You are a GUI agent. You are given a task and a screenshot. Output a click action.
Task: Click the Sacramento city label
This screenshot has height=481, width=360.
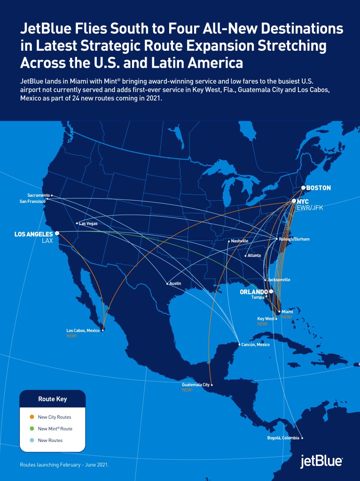coord(39,195)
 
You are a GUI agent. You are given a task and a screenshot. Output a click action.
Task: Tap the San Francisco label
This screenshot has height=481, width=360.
coord(32,201)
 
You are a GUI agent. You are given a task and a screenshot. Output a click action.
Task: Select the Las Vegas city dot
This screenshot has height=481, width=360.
coord(77,223)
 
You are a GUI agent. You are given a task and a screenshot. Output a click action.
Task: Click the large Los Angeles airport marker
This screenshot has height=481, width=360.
coord(57,233)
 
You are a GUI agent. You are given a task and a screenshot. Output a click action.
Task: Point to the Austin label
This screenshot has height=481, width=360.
coord(175,283)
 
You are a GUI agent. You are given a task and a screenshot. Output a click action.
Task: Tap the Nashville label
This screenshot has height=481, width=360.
coord(240,241)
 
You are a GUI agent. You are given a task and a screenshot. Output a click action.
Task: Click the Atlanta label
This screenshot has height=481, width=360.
coord(254,256)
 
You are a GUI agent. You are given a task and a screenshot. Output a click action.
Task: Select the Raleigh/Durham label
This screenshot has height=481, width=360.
coord(294,239)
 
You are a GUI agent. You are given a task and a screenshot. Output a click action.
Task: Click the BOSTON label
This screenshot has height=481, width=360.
coord(319,188)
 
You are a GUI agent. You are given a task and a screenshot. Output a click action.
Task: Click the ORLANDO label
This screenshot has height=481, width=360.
coord(254,291)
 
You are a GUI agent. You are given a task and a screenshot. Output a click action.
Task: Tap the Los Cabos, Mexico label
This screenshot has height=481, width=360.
coord(83,331)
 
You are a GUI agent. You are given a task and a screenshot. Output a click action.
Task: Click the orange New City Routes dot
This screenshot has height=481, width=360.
coord(31,417)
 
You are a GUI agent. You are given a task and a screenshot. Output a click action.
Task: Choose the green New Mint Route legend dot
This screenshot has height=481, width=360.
coord(31,428)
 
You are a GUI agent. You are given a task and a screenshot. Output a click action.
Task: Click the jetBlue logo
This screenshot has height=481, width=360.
coord(321,462)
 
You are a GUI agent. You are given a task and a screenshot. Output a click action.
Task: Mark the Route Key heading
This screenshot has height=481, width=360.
coord(52,399)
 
